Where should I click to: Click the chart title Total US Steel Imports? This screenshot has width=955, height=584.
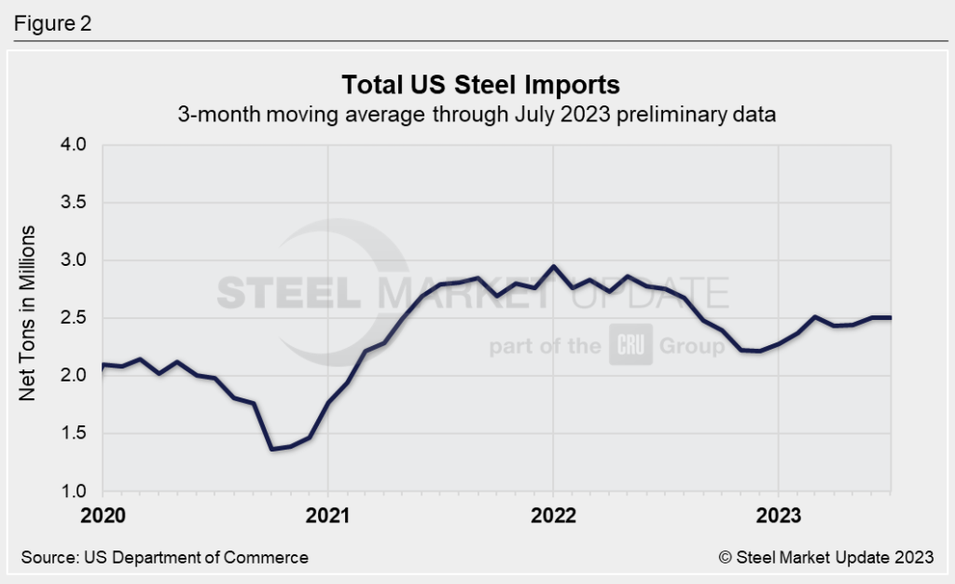480,85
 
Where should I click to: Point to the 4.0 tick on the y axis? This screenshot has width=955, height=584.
74,145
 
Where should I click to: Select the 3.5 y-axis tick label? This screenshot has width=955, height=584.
74,202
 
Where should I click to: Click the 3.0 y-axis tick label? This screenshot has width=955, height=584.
74,260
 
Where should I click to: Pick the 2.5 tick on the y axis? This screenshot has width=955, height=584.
74,318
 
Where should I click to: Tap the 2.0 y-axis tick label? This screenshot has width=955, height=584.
74,376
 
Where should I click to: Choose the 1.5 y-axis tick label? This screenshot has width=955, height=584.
74,434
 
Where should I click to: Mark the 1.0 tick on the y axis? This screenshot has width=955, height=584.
74,492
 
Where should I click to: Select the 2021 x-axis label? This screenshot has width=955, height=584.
327,515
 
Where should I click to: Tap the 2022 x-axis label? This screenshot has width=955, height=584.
553,515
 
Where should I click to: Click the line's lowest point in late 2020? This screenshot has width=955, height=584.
271,449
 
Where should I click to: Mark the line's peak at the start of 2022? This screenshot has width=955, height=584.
553,267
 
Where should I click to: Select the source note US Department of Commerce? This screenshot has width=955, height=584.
164,557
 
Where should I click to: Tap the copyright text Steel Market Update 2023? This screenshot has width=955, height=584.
825,557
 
